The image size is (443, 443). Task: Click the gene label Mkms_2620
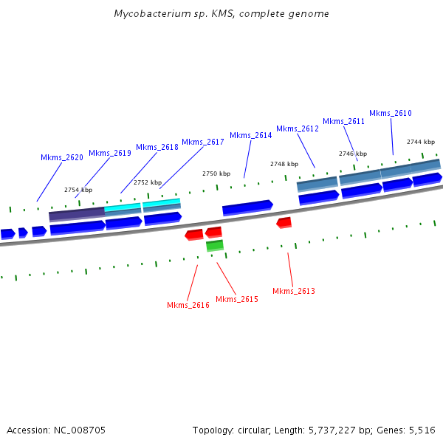point(62,157)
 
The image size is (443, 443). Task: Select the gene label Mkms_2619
point(110,153)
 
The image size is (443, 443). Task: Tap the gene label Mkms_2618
point(157,147)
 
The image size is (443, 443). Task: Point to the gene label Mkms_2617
point(203,142)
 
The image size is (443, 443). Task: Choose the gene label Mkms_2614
point(251,135)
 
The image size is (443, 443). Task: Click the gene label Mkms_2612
point(298,128)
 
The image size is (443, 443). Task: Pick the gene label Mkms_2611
point(344,121)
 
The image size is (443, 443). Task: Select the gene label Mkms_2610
point(391,113)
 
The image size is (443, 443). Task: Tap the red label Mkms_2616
point(188,305)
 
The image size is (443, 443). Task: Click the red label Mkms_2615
point(237,299)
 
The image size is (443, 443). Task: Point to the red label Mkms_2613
point(294,291)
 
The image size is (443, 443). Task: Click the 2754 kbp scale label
point(78,190)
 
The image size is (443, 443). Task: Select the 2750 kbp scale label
point(216,174)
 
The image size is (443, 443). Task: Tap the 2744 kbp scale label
point(421,142)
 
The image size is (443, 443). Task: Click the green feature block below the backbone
point(215,245)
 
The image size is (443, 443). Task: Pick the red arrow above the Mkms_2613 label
point(284,222)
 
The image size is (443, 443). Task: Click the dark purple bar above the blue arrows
point(76,215)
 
